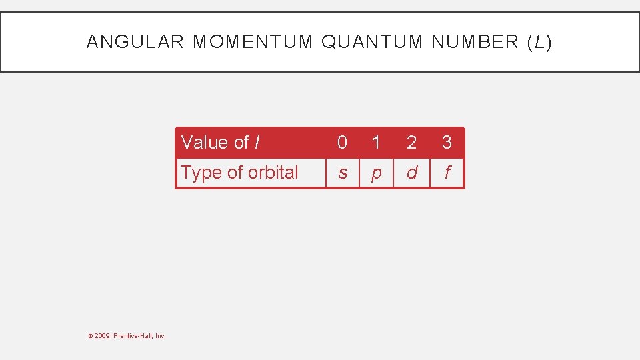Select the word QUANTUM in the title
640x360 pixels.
point(372,42)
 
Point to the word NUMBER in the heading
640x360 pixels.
point(475,42)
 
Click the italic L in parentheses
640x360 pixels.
point(539,42)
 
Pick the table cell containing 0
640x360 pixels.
point(342,143)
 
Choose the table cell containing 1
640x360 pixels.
point(376,143)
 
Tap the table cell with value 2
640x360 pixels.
point(411,143)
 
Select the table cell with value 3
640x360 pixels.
point(447,143)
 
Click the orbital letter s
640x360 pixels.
point(342,173)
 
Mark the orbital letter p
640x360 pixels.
point(376,173)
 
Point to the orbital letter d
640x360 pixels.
point(411,173)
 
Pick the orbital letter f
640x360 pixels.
point(447,173)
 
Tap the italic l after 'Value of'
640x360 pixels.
point(257,143)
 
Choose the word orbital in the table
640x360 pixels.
point(273,173)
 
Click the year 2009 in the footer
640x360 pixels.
point(102,336)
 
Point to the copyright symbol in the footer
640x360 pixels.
point(90,336)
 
